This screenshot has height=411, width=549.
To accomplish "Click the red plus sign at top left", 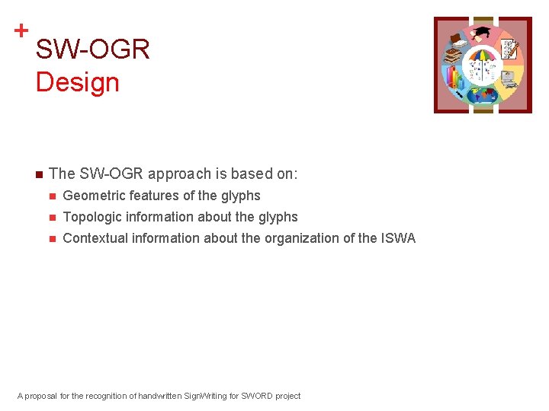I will pyautogui.click(x=21, y=30).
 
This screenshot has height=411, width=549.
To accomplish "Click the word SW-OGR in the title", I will pyautogui.click(x=92, y=50).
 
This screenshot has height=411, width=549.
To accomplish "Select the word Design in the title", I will pyautogui.click(x=77, y=82).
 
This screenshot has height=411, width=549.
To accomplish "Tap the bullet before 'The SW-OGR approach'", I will pyautogui.click(x=37, y=174).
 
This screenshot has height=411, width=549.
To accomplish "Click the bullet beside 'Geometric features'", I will pyautogui.click(x=52, y=196).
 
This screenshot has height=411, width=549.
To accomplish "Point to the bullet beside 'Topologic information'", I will pyautogui.click(x=52, y=218).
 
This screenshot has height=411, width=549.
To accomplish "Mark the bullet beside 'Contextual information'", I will pyautogui.click(x=52, y=239).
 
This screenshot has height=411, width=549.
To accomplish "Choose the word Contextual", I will pyautogui.click(x=95, y=238).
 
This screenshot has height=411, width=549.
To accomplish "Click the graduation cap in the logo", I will pyautogui.click(x=483, y=33).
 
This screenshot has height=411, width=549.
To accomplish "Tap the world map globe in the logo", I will pyautogui.click(x=483, y=95).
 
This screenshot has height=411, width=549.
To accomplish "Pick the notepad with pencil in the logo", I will pyautogui.click(x=509, y=49).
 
